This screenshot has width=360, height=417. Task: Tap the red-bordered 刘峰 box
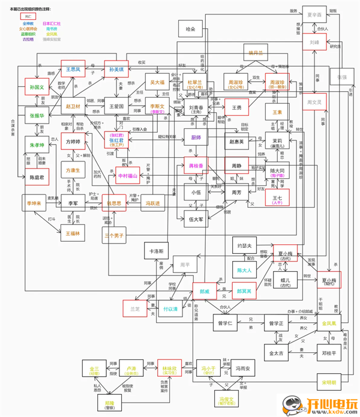click(x=314, y=43)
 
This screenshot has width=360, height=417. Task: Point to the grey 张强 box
click(x=341, y=77)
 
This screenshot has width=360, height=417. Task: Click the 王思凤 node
click(x=73, y=70)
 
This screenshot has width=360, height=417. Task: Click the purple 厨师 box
click(x=196, y=137)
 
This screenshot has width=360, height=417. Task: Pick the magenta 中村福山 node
click(x=127, y=159)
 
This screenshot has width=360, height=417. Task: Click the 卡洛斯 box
click(x=157, y=251)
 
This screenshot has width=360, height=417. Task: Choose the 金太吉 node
click(x=279, y=353)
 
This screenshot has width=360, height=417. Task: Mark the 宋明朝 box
click(x=329, y=382)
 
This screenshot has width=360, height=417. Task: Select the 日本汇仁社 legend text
click(x=52, y=23)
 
